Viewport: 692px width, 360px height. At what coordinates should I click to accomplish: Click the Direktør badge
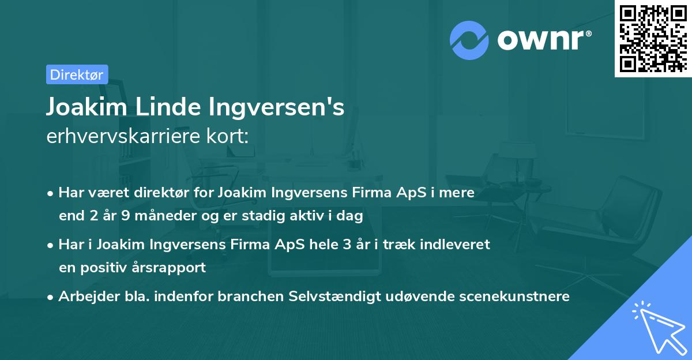[x=77, y=74]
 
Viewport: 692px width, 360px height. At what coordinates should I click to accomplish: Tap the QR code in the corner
[x=653, y=38]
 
